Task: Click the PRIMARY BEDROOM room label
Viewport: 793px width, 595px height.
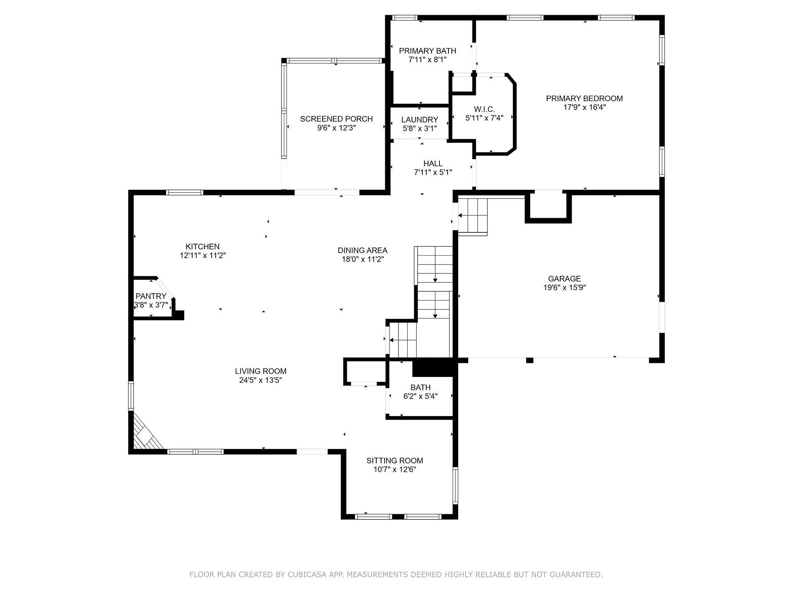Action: coord(584,98)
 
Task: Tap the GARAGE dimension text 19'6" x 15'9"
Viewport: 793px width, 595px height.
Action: coord(565,287)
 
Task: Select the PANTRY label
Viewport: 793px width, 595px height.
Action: coord(151,296)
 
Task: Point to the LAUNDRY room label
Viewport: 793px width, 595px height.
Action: coord(420,120)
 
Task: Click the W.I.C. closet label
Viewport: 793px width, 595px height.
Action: coord(484,109)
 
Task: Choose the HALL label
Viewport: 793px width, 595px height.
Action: coord(433,163)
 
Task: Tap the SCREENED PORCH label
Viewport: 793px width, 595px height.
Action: coord(336,119)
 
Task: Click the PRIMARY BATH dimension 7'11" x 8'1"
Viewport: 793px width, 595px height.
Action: coord(427,60)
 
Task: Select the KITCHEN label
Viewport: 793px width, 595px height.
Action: coord(203,246)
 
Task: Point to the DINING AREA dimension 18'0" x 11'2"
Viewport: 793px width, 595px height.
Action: coord(362,259)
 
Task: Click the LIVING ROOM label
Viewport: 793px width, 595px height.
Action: coord(261,371)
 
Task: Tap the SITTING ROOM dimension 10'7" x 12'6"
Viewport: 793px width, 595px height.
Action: coord(395,469)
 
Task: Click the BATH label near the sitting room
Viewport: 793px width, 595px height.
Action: coord(421,387)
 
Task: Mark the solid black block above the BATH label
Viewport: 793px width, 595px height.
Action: coord(433,367)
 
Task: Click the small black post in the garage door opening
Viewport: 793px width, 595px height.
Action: coord(530,360)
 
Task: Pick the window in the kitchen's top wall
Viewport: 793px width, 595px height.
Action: coord(185,192)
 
